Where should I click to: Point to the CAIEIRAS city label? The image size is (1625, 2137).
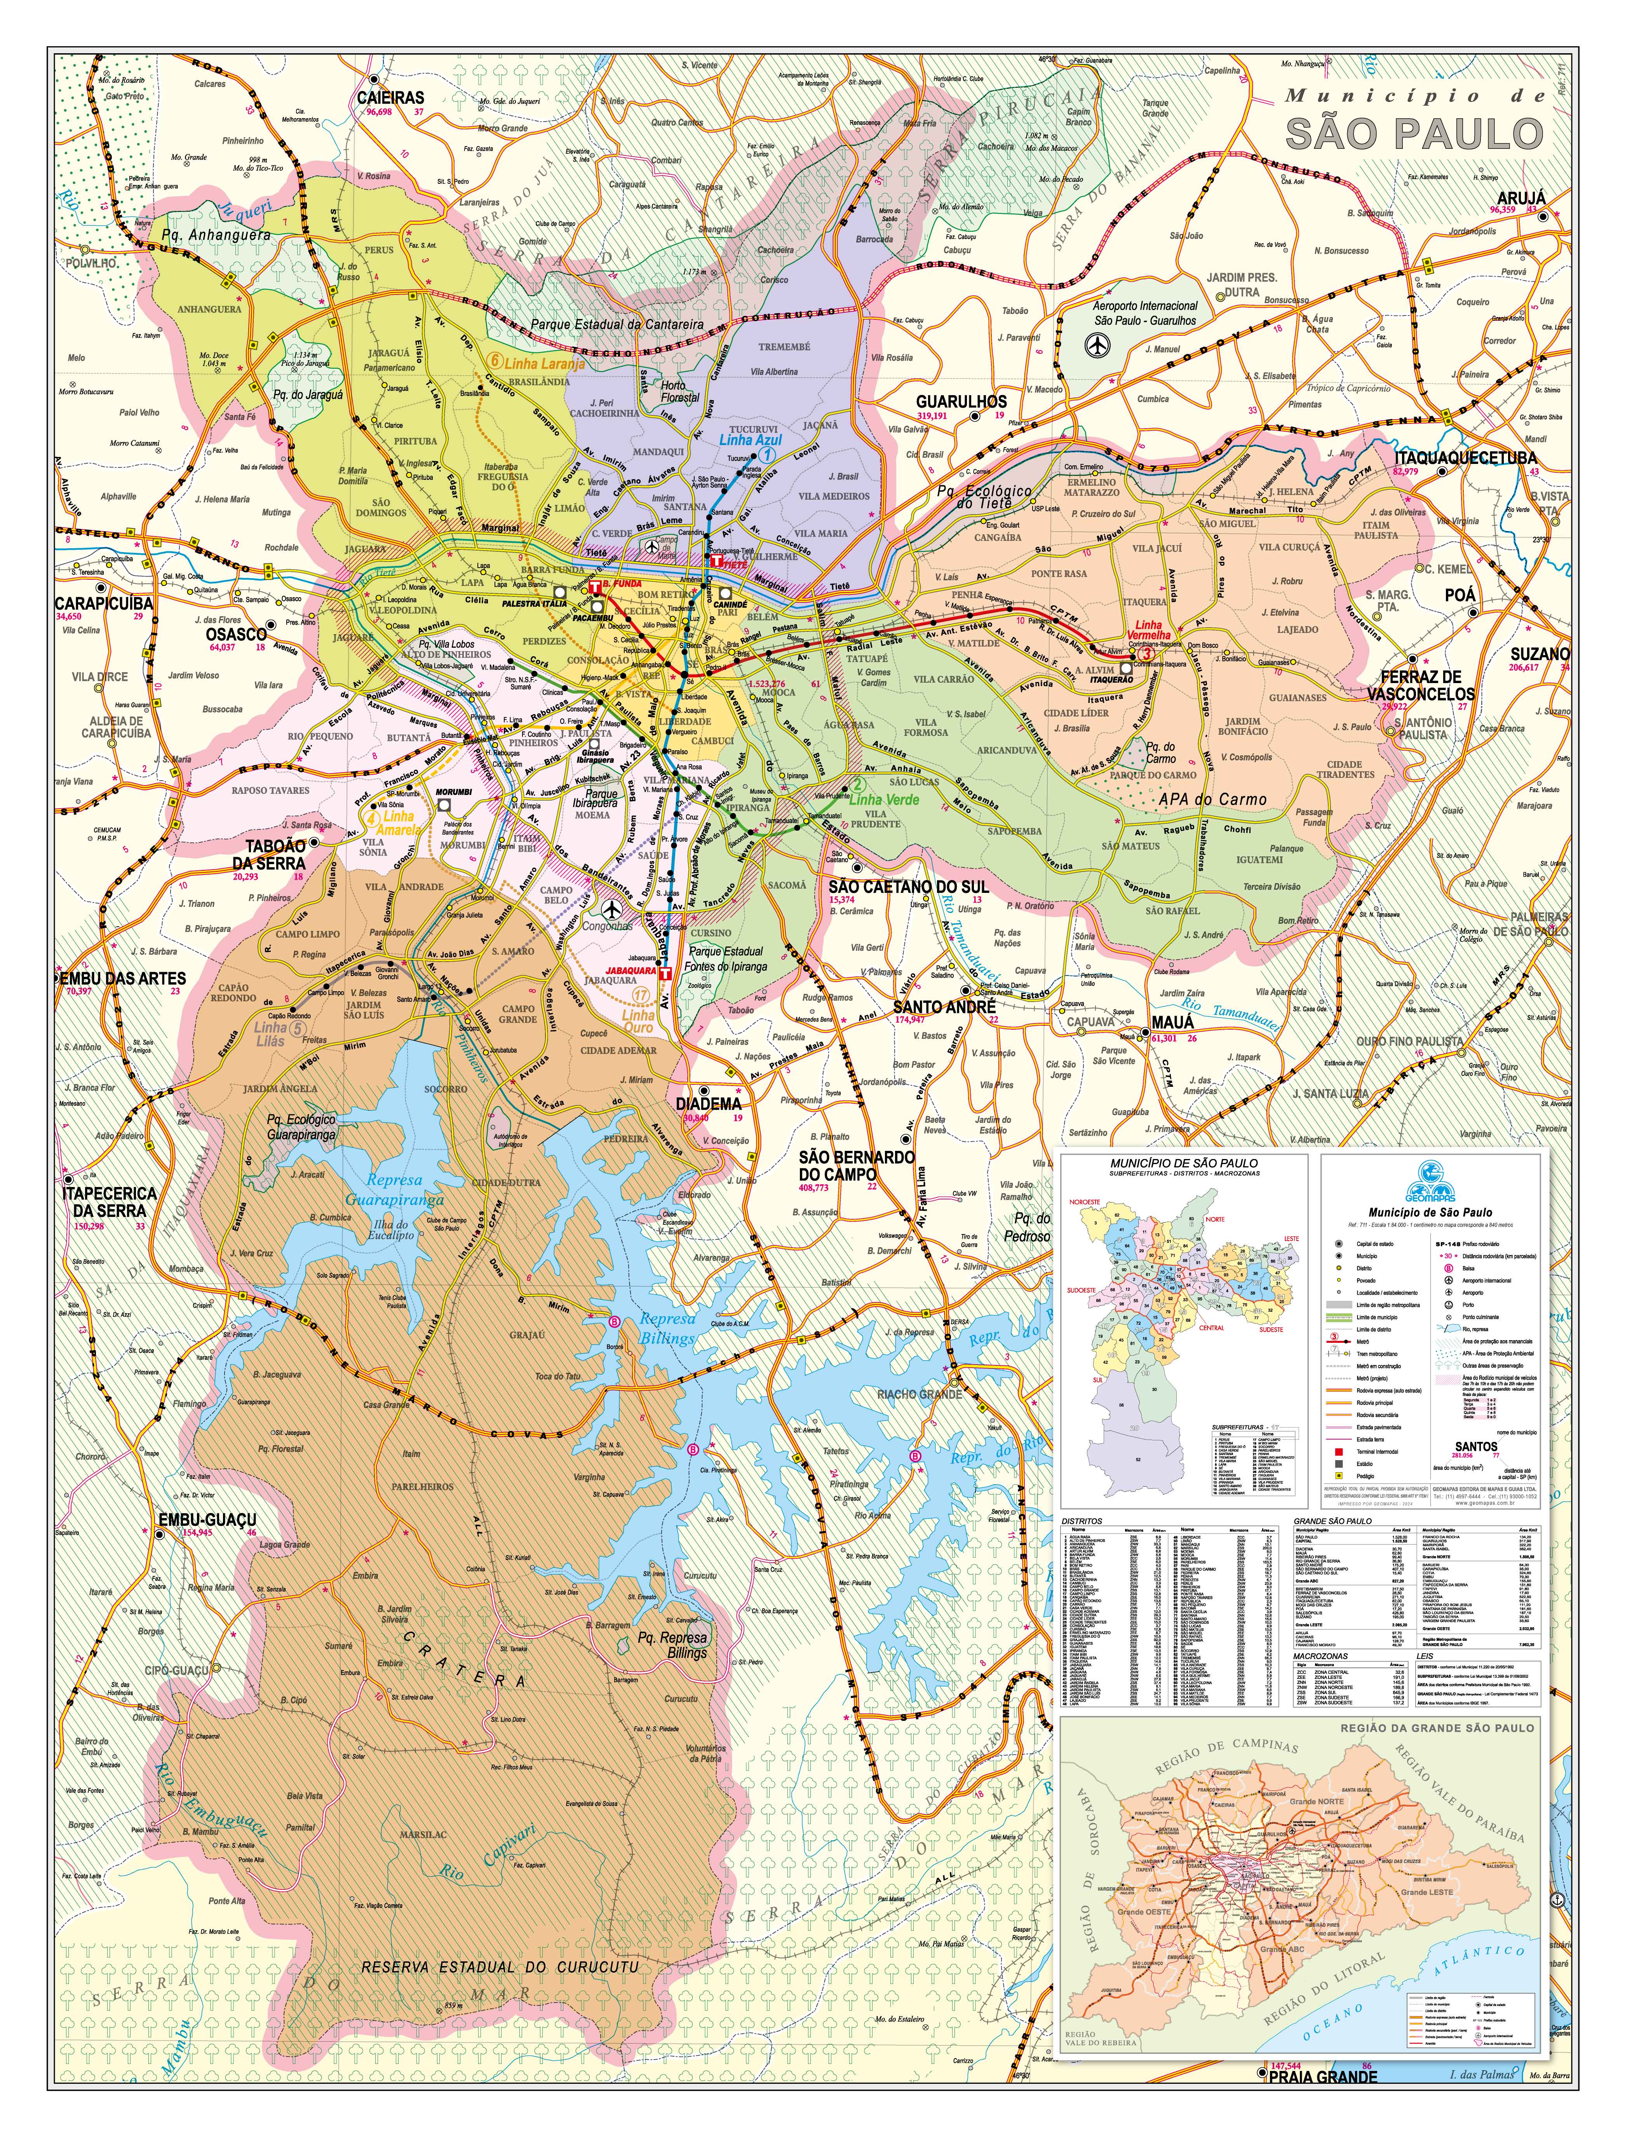[390, 98]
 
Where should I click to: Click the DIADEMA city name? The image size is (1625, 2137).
[708, 1103]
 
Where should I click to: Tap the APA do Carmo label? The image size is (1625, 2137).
[1212, 800]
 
